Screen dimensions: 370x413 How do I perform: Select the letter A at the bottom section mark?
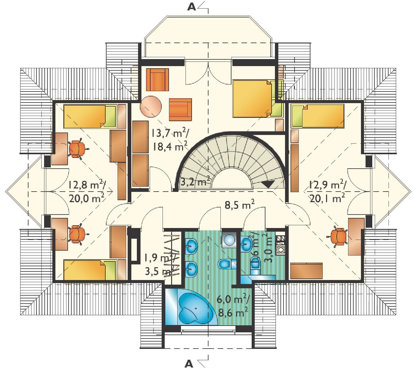tap(189, 364)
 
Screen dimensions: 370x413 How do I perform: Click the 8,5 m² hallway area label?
tap(239, 204)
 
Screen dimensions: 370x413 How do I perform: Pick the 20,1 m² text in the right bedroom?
tap(327, 199)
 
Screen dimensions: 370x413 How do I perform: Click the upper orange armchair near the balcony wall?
tap(157, 80)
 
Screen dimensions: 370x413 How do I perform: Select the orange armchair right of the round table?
tap(180, 110)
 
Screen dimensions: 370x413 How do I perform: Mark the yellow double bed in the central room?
tap(253, 99)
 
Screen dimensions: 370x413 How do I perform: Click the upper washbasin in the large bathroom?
tap(191, 245)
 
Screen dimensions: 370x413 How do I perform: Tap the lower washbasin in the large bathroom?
tap(191, 270)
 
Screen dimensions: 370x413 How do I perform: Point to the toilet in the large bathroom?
tap(227, 264)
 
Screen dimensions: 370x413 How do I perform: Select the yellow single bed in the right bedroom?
tap(318, 116)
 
